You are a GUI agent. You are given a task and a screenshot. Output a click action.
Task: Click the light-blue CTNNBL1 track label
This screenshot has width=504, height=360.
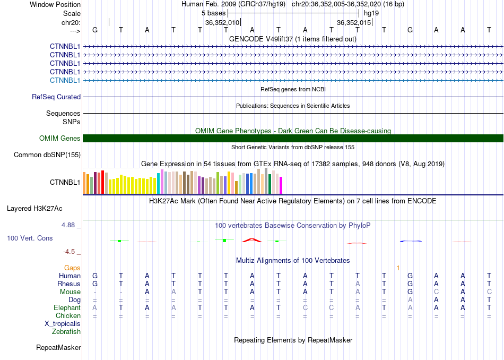(65, 80)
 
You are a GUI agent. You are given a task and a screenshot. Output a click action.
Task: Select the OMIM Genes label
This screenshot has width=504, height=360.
(60, 139)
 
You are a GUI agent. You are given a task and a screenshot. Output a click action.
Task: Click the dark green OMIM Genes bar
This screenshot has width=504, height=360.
(293, 139)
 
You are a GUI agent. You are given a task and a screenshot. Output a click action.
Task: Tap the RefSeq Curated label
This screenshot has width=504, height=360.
(56, 97)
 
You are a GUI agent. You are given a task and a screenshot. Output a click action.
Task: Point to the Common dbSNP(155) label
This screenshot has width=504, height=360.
(47, 155)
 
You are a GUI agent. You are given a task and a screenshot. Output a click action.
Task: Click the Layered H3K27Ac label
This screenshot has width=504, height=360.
(34, 209)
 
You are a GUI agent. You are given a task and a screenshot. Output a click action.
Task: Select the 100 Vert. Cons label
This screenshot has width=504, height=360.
(30, 238)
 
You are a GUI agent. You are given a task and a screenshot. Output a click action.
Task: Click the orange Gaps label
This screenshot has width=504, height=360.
(72, 268)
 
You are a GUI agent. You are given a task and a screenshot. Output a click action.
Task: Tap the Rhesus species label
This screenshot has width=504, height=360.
(69, 284)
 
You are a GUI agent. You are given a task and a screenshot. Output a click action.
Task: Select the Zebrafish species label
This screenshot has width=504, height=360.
(66, 331)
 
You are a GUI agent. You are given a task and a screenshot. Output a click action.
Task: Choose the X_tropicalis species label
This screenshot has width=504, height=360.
(63, 324)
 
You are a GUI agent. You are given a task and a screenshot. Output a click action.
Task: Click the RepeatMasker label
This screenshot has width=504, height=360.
(58, 347)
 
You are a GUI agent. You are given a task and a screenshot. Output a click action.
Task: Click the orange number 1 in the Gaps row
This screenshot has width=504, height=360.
(398, 268)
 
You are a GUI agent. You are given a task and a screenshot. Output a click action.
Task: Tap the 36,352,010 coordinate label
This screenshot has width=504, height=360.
(222, 22)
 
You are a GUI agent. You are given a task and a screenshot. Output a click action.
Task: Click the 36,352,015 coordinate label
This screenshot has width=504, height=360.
(354, 22)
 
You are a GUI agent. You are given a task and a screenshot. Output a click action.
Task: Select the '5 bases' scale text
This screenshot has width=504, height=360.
(213, 13)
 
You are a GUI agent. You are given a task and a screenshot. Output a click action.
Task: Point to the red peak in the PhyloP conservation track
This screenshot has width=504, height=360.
(252, 240)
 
